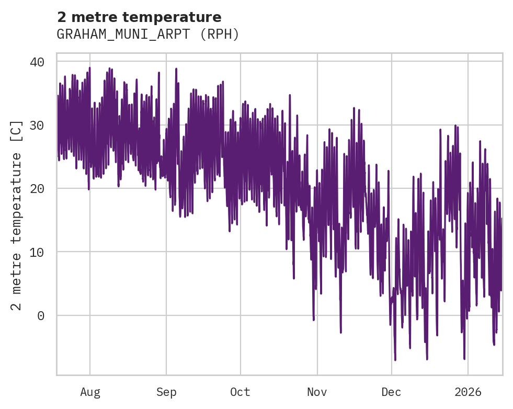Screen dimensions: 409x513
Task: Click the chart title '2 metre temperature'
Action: click(139, 17)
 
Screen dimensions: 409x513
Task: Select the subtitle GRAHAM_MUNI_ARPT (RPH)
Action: click(148, 35)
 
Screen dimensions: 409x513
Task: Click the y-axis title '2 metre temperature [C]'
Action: click(17, 215)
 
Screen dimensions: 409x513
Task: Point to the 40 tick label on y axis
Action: click(37, 62)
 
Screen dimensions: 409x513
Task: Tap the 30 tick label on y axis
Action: click(37, 125)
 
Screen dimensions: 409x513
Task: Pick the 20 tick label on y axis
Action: click(37, 188)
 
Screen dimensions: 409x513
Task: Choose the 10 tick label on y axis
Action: click(37, 252)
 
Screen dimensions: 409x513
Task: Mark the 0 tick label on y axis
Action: click(41, 315)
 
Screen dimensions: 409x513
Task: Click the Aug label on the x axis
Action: click(90, 392)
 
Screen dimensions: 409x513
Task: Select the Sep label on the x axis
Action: click(166, 392)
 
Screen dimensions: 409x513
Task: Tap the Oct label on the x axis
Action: click(241, 392)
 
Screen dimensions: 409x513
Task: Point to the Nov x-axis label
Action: click(317, 392)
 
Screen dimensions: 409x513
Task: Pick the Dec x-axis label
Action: click(392, 392)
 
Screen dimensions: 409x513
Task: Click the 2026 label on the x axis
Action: click(468, 392)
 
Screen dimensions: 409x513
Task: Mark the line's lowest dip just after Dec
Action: click(395, 360)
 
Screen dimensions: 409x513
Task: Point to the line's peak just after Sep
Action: click(176, 69)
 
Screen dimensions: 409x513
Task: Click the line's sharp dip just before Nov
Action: click(314, 320)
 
